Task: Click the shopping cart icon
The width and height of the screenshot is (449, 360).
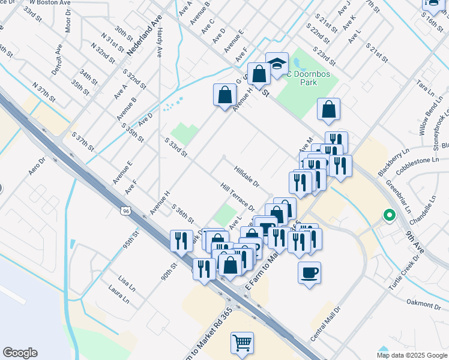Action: (x=242, y=343)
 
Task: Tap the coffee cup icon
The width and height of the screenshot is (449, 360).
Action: (x=309, y=273)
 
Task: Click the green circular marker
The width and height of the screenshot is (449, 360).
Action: (x=389, y=214)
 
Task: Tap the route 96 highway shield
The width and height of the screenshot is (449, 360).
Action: (x=125, y=211)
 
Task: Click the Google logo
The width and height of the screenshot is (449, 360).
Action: (x=20, y=353)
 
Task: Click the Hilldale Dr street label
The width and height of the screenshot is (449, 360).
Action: (x=246, y=175)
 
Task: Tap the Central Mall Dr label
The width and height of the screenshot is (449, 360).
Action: (x=325, y=324)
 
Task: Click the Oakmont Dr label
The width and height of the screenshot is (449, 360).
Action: (x=423, y=304)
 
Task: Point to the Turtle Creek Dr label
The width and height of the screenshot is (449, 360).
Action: (x=405, y=269)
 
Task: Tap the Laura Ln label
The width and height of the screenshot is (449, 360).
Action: (x=119, y=294)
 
